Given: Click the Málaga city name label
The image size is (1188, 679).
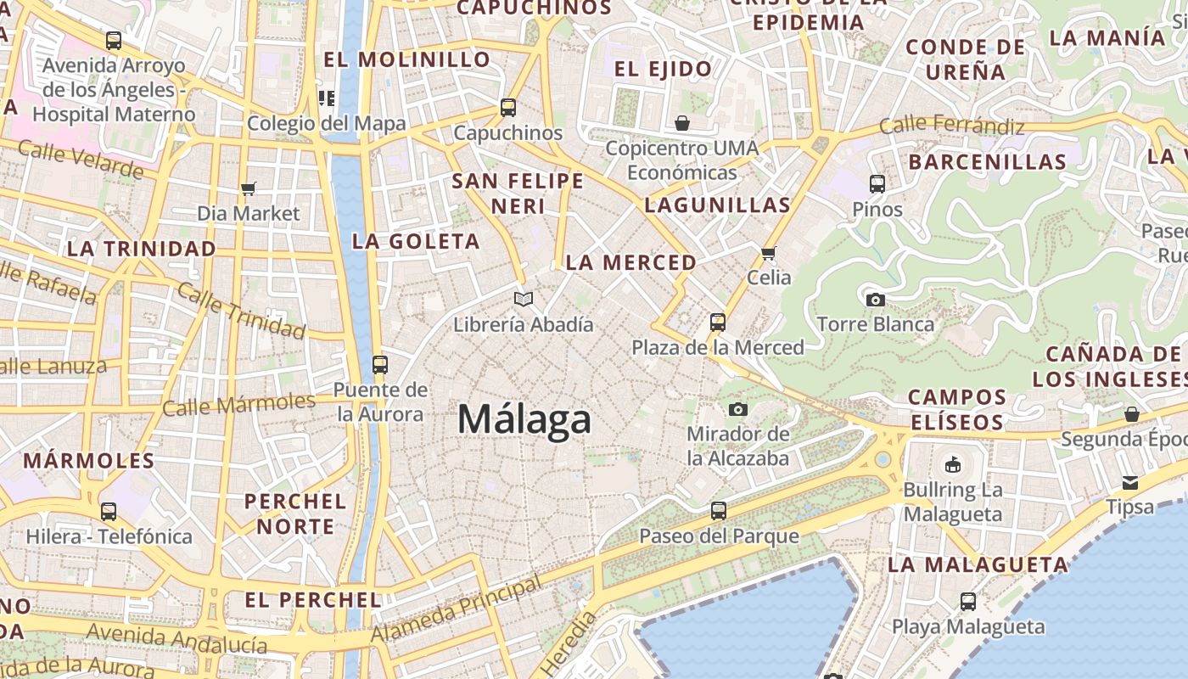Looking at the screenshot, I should pos(524,419).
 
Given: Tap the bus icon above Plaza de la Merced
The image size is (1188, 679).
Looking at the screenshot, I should pos(718,323).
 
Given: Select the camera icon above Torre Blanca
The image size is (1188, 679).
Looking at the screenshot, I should pos(875,300).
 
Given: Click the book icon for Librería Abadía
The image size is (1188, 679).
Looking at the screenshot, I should pos(524,299).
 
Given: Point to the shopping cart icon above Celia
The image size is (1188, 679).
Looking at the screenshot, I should pos(769,252).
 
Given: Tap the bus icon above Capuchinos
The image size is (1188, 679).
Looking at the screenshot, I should pos(507,108).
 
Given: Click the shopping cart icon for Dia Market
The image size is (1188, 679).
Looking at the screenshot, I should pos(248,188).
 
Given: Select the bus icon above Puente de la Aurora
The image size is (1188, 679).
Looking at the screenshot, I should pos(379,365).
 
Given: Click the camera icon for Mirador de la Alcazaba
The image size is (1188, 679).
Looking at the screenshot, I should pos(737,409).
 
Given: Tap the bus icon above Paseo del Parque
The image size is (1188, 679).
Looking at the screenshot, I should pos(718,511).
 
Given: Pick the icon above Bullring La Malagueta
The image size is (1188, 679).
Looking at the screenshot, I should pos(952,465).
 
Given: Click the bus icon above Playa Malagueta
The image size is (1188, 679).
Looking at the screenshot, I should pos(968,602).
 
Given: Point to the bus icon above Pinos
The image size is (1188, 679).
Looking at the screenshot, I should pos(877,183).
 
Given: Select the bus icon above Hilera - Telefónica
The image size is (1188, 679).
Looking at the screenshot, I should pos(109,512).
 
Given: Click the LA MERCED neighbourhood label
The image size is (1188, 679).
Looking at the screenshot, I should pos(630,263).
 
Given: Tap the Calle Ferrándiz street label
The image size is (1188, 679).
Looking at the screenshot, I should pos(951,126).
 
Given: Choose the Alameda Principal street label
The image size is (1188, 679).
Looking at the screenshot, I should pos(456,610).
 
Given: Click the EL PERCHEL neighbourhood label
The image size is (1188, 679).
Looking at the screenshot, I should pos(313,600).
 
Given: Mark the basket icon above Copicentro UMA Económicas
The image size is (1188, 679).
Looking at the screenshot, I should pos(681,124).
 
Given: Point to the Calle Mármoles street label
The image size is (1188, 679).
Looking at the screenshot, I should pos(238,404).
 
